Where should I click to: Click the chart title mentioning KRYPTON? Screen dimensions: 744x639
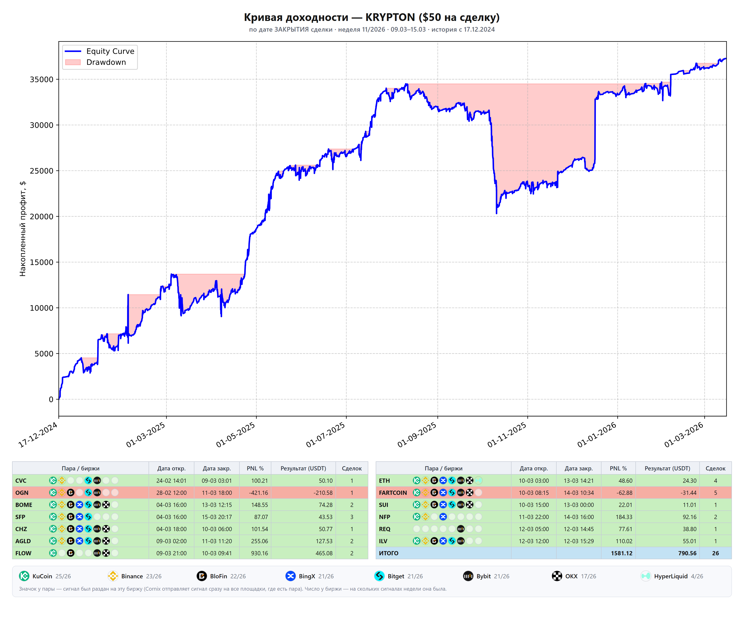coord(372,17)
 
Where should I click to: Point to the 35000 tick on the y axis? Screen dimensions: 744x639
coord(41,79)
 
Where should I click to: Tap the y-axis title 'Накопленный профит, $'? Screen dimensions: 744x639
coord(23,229)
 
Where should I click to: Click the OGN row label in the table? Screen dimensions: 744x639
coord(22,493)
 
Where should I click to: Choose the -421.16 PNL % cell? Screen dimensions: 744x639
coord(259,493)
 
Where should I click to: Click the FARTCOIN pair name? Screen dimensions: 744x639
coord(393,493)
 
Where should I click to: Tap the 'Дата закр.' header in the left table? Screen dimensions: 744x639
coord(216,468)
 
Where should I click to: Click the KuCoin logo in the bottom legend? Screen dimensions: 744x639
coord(24,576)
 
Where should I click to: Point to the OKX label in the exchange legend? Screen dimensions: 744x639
coord(571,576)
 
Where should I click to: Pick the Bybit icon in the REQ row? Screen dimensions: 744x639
coord(461,529)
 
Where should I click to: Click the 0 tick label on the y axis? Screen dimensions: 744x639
coord(51,399)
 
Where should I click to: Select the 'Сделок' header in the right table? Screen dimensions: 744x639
coord(715,468)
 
